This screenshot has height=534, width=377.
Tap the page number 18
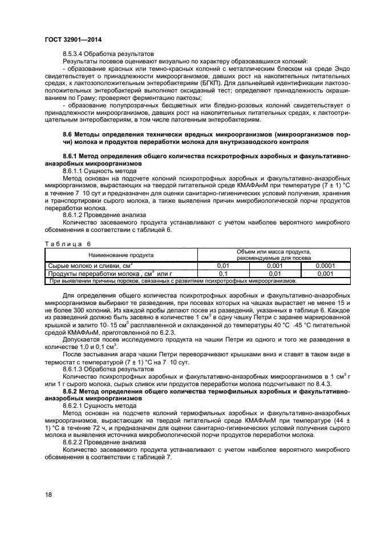pyautogui.click(x=48, y=494)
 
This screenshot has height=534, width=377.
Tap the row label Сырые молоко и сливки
pyautogui.click(x=88, y=266)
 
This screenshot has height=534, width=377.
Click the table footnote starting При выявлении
pyautogui.click(x=173, y=280)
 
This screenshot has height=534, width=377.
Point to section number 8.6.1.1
pyautogui.click(x=75, y=170)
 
